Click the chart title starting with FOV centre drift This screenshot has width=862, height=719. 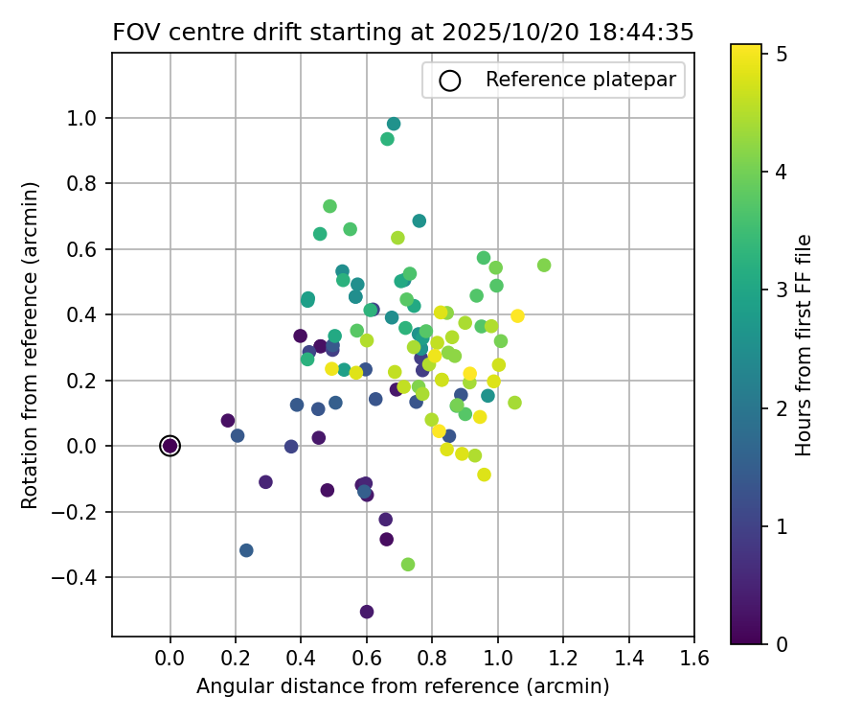(402, 32)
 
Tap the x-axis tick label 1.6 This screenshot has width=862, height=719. (694, 659)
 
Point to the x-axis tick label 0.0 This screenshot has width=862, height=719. (170, 659)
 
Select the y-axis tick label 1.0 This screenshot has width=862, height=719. (88, 118)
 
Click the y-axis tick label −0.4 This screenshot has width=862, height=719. (82, 577)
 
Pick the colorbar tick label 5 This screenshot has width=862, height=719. (782, 55)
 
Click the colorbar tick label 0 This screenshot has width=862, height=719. (782, 643)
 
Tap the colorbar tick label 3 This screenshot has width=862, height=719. (782, 290)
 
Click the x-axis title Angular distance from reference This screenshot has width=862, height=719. (402, 686)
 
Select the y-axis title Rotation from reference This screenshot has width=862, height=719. (31, 345)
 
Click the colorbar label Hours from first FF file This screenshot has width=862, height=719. (805, 345)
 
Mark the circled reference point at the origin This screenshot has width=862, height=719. (170, 446)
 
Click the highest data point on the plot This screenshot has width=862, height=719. (394, 124)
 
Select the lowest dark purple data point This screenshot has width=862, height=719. (367, 612)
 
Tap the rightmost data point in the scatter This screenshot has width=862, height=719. (544, 265)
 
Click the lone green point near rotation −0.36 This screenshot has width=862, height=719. (408, 565)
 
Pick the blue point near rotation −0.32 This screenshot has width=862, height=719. (246, 550)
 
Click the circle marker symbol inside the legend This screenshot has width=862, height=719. (450, 81)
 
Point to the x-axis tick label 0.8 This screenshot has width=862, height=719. (432, 659)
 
